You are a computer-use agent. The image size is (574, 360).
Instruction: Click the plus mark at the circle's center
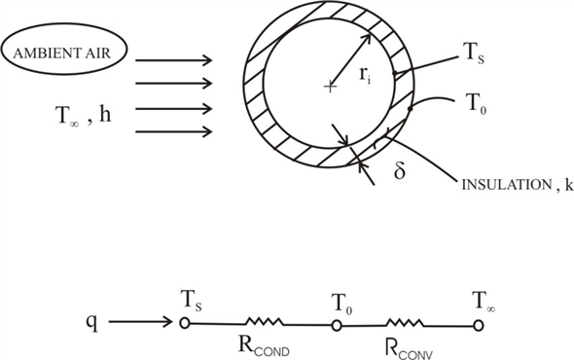[x=331, y=88]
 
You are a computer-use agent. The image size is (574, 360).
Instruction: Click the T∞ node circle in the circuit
[x=477, y=325]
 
